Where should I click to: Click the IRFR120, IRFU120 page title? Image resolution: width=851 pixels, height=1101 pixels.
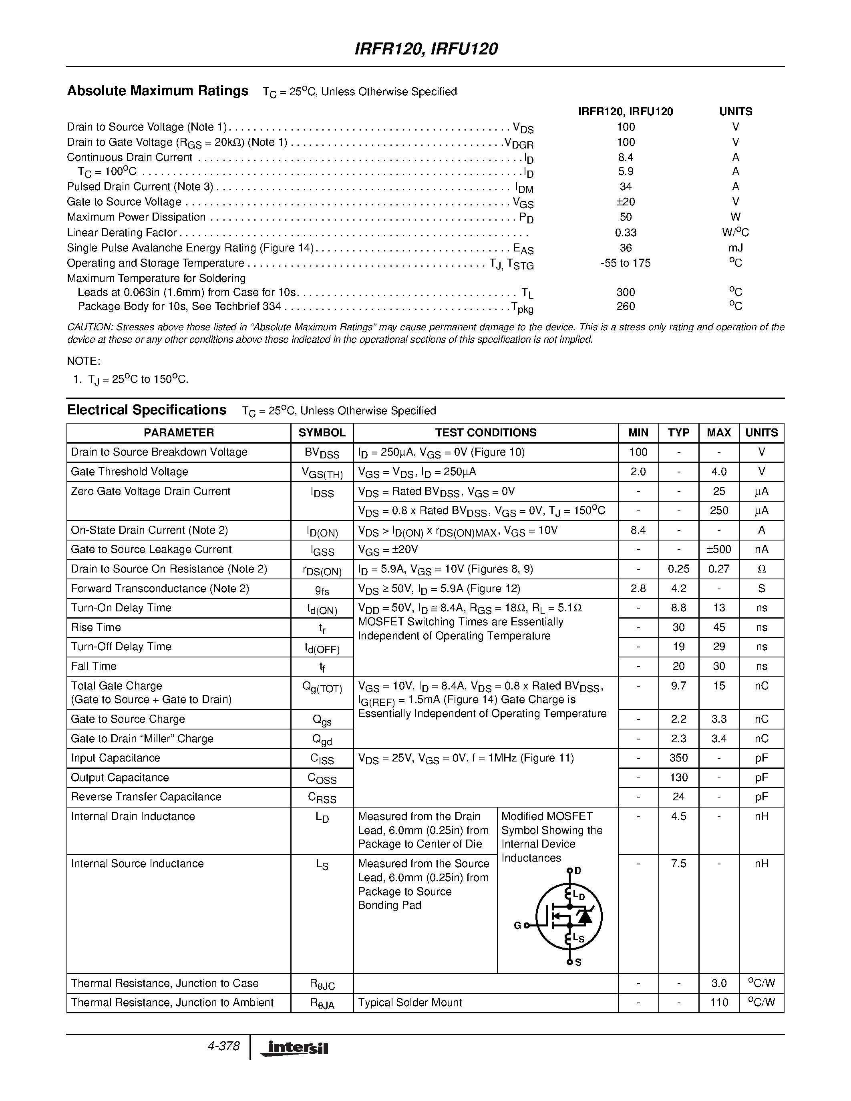[426, 49]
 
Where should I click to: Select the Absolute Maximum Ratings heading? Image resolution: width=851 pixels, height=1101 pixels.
[158, 91]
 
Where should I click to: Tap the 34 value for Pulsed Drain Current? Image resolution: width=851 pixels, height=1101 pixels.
[625, 187]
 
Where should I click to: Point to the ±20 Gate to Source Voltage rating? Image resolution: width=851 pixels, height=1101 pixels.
[625, 202]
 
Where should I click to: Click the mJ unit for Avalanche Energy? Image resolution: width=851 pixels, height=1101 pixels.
[736, 247]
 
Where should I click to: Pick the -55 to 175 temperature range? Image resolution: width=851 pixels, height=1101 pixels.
[625, 263]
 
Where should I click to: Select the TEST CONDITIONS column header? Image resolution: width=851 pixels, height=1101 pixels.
[485, 432]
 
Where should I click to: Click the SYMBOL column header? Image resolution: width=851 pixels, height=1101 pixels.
[322, 432]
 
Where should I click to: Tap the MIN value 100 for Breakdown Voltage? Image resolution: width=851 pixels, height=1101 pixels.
[638, 452]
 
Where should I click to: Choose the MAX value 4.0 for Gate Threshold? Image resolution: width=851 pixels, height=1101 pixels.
[719, 472]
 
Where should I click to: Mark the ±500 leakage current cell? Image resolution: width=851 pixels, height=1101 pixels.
[719, 549]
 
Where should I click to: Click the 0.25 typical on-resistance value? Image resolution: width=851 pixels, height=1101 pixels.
[678, 569]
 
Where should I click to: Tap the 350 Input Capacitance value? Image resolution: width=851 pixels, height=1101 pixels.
[678, 758]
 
